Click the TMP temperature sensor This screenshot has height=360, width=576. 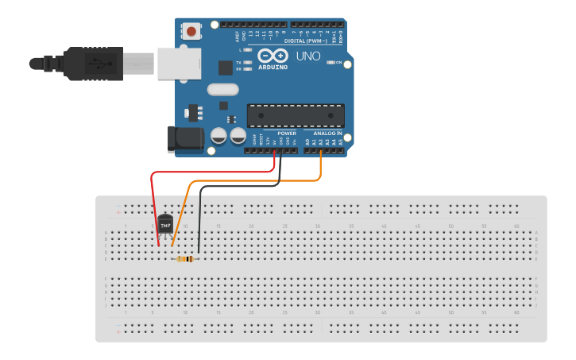[165, 225]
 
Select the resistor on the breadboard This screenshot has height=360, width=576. [187, 259]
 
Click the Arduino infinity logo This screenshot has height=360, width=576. [272, 56]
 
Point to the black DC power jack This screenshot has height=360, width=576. [184, 140]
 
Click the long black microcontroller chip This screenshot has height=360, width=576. [296, 116]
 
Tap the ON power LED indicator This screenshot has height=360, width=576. [331, 62]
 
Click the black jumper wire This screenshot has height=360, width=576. [200, 215]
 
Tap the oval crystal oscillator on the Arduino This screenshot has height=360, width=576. [222, 90]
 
